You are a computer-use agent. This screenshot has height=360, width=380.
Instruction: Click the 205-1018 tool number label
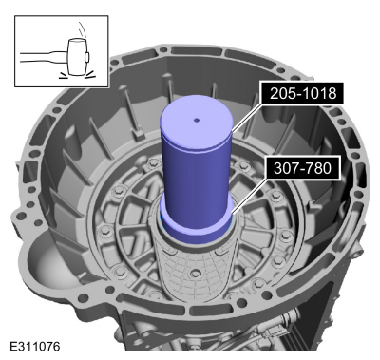coord(302,93)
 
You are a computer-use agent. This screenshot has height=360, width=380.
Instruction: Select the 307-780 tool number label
coord(302,168)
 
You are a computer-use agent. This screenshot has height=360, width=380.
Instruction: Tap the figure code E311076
coord(35,347)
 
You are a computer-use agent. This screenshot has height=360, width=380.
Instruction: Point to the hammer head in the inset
coord(77,57)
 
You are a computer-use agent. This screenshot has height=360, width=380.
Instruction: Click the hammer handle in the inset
coord(44,57)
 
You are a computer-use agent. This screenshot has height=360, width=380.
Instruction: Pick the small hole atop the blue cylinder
coord(197,120)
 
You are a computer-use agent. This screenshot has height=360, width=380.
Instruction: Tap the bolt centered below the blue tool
coord(196,273)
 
